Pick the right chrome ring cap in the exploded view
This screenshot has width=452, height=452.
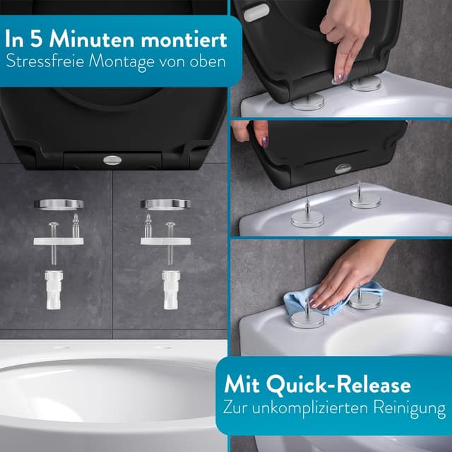click(x=165, y=205)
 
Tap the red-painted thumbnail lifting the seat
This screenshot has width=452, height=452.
click(x=263, y=141)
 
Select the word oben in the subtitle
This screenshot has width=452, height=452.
click(x=207, y=61)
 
